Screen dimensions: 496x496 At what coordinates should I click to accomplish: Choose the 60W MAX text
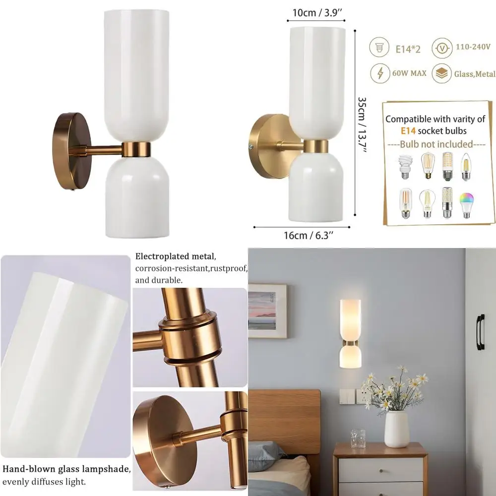tap(410, 73)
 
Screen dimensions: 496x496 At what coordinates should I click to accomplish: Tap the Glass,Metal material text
tap(475, 74)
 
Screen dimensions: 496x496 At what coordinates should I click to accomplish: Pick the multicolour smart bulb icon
tap(465, 203)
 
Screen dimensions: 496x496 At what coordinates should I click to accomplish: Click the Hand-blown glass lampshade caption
tap(66, 469)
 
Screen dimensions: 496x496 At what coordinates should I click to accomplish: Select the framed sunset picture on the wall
tap(267, 310)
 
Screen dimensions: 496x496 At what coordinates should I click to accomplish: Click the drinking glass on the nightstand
tap(358, 438)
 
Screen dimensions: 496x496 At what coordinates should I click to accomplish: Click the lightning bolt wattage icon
tap(380, 73)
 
